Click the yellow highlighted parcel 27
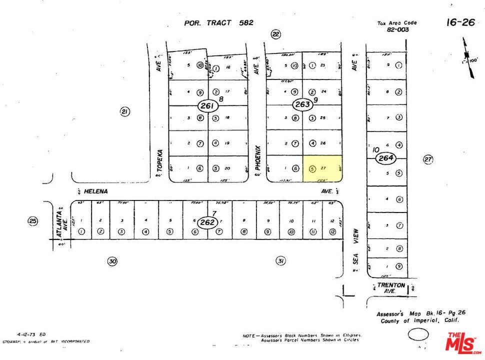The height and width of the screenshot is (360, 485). click(x=323, y=168)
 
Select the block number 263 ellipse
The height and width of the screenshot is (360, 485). click(x=302, y=105)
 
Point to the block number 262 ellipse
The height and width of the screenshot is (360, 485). click(x=206, y=222)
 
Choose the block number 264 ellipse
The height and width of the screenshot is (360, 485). click(x=385, y=158)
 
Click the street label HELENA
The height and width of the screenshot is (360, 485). click(x=96, y=191)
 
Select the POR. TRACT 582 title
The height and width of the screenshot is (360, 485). click(x=218, y=22)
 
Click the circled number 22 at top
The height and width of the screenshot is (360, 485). click(x=275, y=34)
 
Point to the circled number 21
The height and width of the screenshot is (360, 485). click(x=124, y=111)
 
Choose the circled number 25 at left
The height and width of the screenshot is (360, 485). click(x=33, y=220)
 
